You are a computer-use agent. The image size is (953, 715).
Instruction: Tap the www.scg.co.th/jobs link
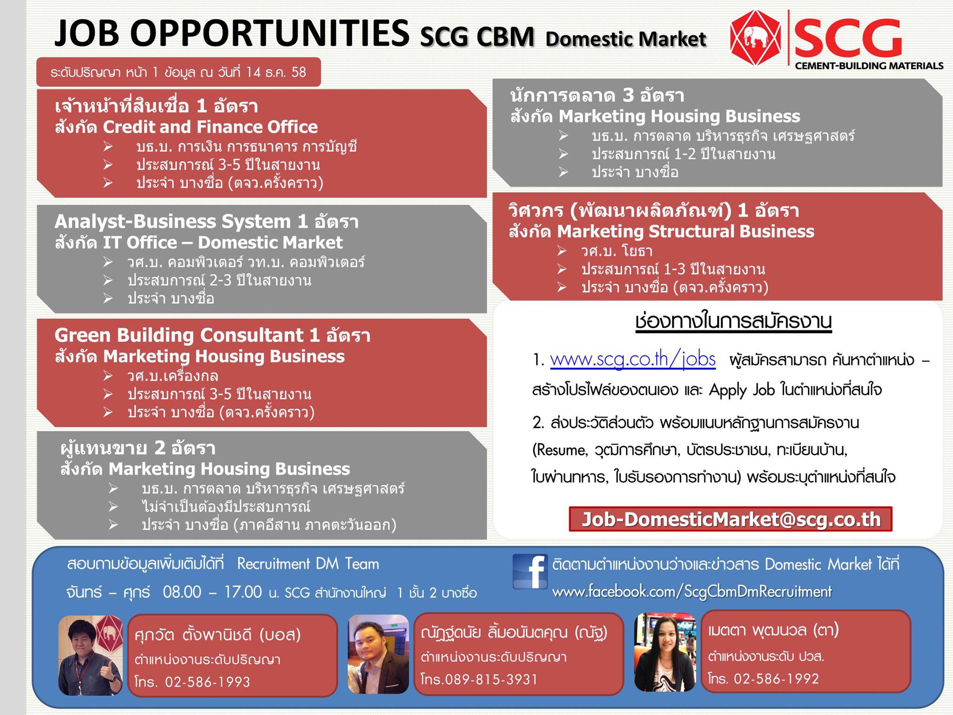(633, 360)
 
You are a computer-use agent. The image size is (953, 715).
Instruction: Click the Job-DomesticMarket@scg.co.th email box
(731, 519)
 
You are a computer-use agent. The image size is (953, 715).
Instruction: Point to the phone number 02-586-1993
(207, 682)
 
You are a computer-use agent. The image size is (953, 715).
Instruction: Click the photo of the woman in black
(664, 652)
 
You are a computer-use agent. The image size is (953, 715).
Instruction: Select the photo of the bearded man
(378, 654)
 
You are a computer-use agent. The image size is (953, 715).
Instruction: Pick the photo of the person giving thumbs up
(91, 655)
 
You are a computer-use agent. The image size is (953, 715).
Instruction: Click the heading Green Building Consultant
(179, 335)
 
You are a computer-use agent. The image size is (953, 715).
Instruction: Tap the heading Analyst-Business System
(173, 222)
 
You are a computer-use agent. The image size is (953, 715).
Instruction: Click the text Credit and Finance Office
(210, 127)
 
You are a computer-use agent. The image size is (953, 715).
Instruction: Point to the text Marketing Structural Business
(685, 231)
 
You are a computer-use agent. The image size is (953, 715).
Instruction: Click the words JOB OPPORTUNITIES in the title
(232, 34)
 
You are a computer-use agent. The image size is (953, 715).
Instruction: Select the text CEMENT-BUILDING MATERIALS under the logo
(869, 66)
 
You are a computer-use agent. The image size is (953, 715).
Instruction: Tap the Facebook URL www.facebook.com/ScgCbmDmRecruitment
(692, 592)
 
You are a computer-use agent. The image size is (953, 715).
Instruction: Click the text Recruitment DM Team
(308, 564)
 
